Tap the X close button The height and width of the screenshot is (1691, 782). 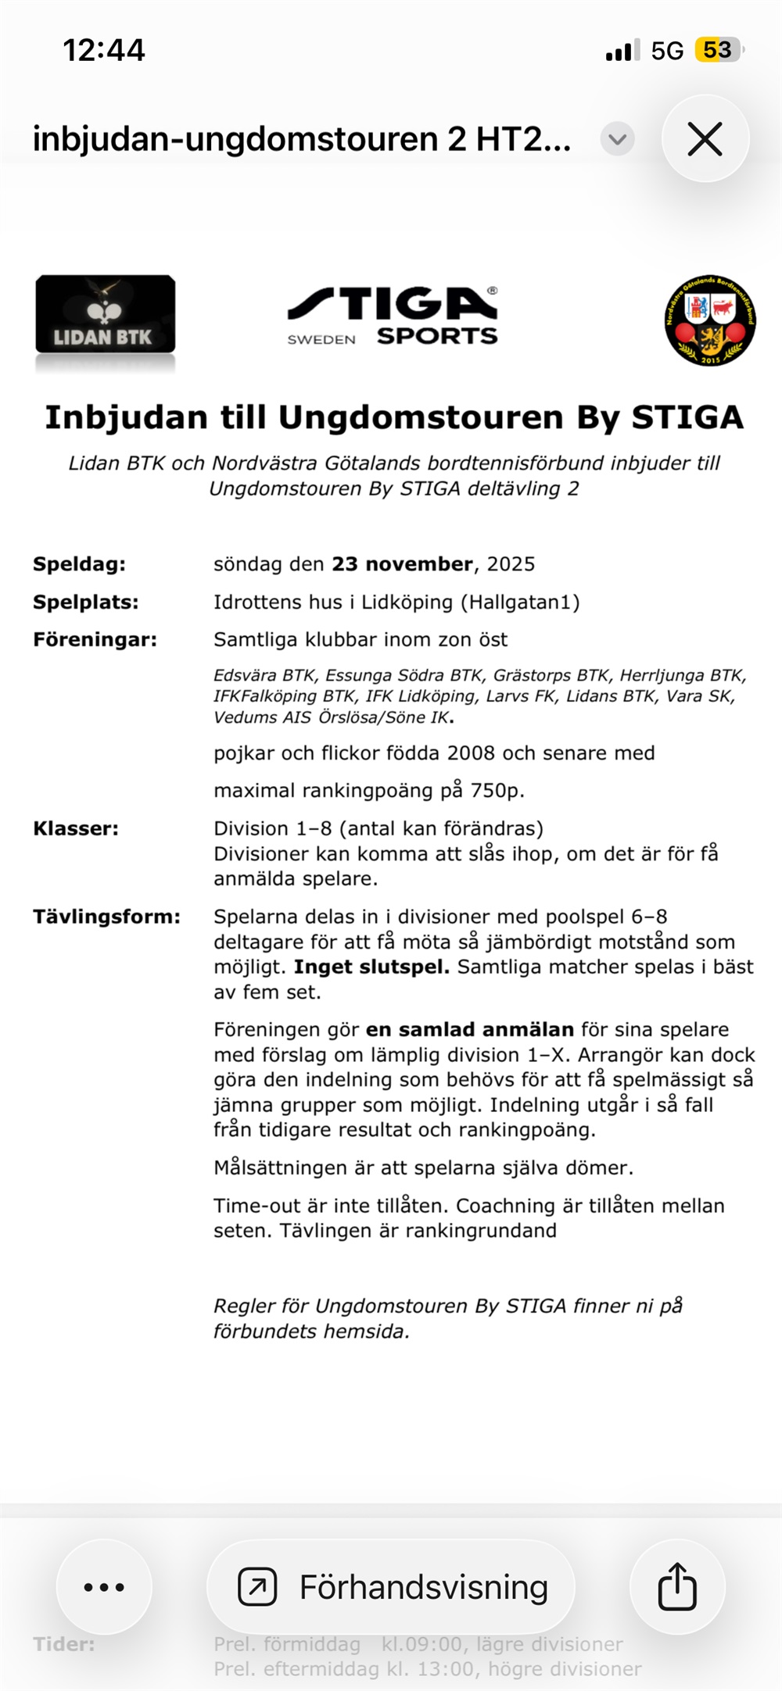click(x=705, y=140)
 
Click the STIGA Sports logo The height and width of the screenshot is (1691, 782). click(x=393, y=315)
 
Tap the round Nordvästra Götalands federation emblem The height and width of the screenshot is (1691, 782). click(x=710, y=320)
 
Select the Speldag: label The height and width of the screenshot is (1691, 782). click(x=79, y=564)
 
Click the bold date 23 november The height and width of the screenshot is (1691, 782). click(x=402, y=564)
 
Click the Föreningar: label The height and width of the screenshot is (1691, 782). click(x=95, y=640)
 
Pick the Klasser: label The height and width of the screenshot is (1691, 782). click(x=76, y=828)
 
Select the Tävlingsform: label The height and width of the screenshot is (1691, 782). click(x=106, y=917)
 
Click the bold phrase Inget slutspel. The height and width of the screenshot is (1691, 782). click(x=371, y=967)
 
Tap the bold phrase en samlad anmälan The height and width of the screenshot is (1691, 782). click(x=470, y=1030)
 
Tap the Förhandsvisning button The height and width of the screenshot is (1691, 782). click(x=391, y=1587)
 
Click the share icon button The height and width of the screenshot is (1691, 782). click(x=677, y=1587)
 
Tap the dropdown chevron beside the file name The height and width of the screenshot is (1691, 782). click(x=618, y=140)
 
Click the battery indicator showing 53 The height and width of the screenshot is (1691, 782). click(x=718, y=51)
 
